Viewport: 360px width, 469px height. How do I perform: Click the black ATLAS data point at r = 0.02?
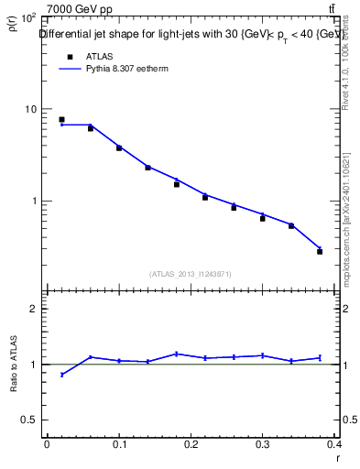tap(61, 119)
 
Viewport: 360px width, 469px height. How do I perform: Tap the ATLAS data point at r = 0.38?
tap(320, 251)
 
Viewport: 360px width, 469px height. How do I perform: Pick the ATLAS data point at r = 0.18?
tap(177, 184)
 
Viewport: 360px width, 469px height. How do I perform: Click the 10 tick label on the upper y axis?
tap(30, 109)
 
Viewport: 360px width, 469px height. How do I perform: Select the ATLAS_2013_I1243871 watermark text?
tap(191, 274)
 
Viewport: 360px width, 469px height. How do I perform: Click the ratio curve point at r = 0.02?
tap(61, 374)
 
